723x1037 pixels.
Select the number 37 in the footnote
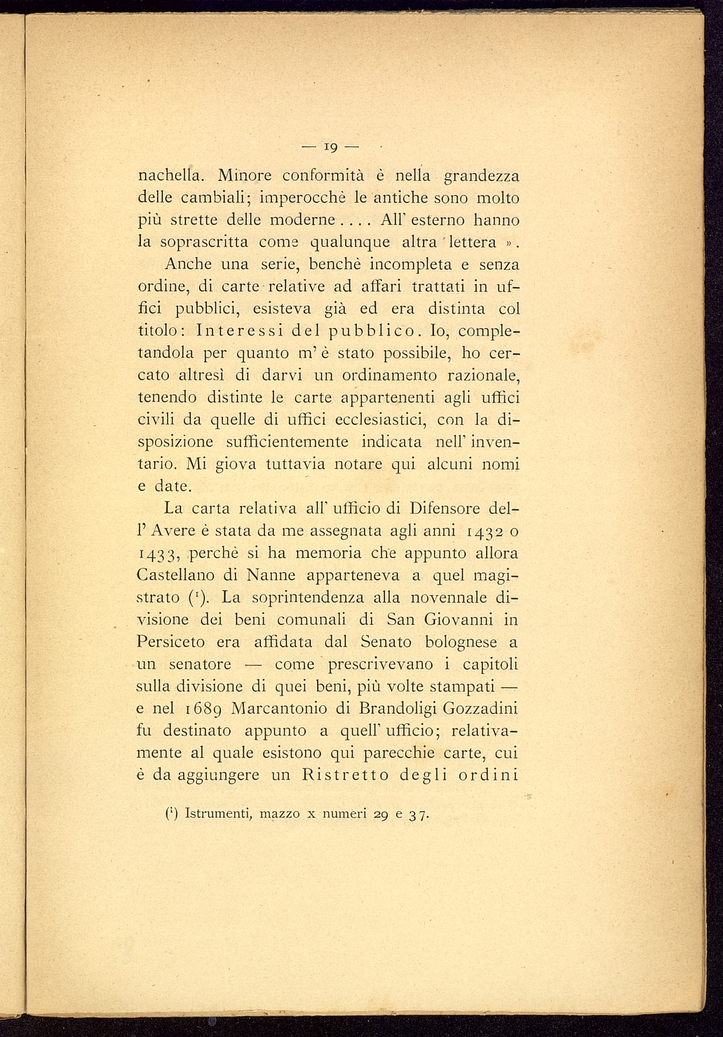(x=419, y=815)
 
